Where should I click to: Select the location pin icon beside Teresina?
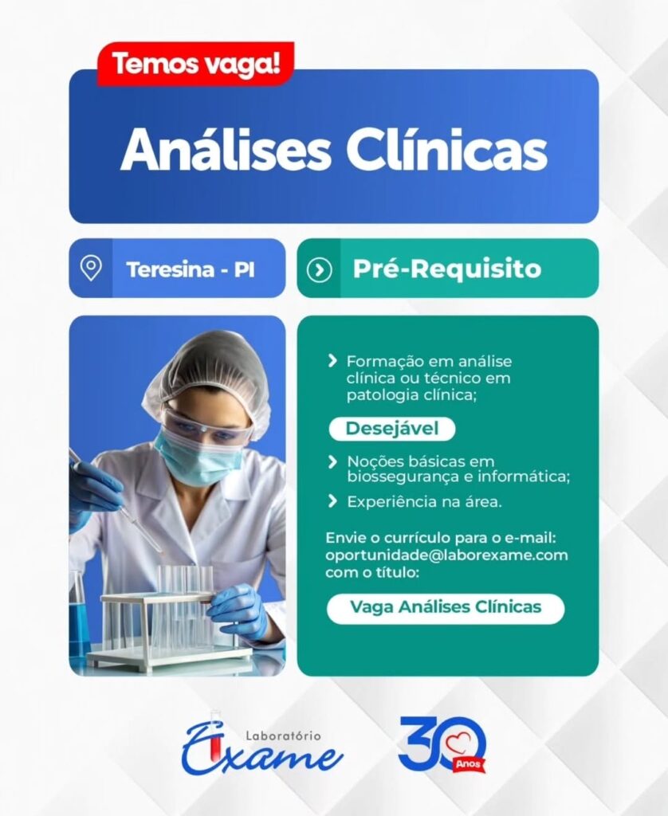[92, 268]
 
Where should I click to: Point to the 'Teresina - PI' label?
[191, 269]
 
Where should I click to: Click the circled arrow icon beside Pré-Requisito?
[319, 269]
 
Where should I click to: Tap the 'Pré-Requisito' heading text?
[446, 269]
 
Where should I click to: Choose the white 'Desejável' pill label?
[391, 429]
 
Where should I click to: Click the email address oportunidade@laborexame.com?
[446, 555]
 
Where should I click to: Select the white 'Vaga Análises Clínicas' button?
[446, 607]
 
